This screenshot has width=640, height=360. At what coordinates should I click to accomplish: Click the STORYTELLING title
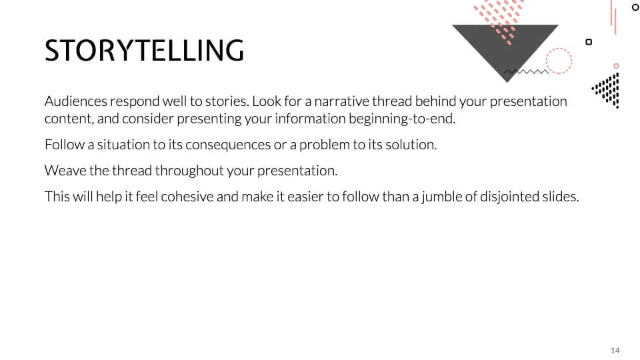pyautogui.click(x=144, y=51)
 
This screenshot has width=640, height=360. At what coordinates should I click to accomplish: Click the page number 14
pyautogui.click(x=615, y=351)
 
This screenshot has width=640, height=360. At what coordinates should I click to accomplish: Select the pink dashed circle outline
pyautogui.click(x=559, y=61)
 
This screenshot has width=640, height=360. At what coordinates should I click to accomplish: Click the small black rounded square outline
pyautogui.click(x=589, y=42)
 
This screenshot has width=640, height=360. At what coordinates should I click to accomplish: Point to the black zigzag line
pyautogui.click(x=525, y=71)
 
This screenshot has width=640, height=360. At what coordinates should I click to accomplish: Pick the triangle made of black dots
pyautogui.click(x=609, y=89)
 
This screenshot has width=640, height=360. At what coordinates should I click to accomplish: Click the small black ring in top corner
pyautogui.click(x=635, y=7)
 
